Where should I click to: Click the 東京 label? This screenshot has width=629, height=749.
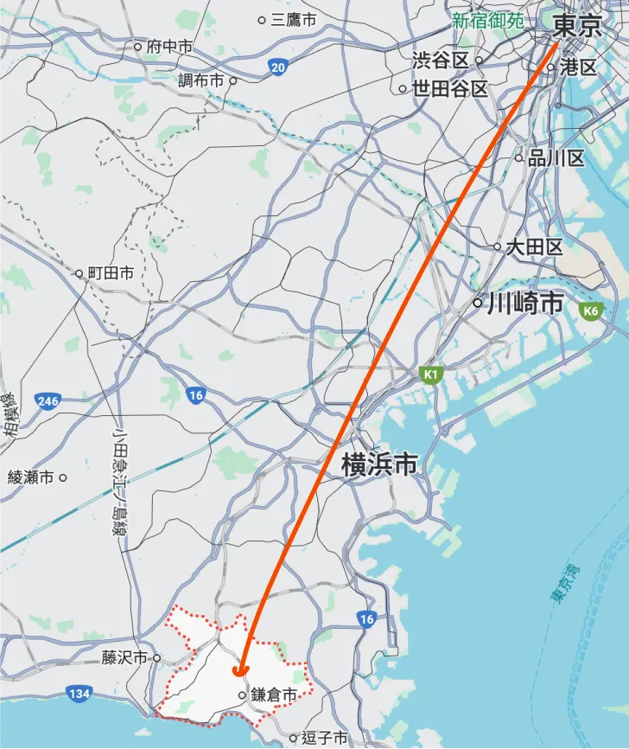click(x=576, y=26)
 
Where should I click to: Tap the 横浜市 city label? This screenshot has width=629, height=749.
click(x=379, y=465)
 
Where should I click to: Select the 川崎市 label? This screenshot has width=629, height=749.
click(x=525, y=304)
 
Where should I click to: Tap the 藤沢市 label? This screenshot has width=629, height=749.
click(x=125, y=658)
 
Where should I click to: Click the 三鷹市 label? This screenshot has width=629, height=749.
click(x=293, y=19)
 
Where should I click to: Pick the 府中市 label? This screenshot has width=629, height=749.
click(x=169, y=47)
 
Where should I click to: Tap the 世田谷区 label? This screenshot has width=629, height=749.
click(x=449, y=88)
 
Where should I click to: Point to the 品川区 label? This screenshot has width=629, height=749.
click(x=556, y=158)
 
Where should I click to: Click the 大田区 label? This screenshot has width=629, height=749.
click(x=534, y=247)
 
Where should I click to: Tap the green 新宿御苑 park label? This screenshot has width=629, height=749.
click(x=487, y=21)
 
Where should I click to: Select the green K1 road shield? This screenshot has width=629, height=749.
click(x=431, y=375)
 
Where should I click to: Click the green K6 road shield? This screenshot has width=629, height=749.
click(x=591, y=310)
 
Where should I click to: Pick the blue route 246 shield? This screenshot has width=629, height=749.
click(x=48, y=400)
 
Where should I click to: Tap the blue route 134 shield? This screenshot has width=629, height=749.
click(x=79, y=694)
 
